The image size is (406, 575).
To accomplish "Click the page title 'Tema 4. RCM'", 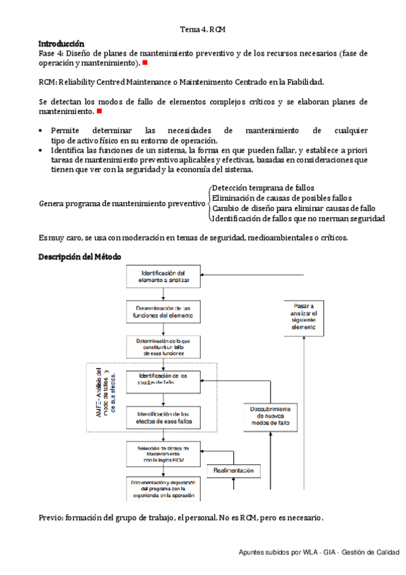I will pos(203,30).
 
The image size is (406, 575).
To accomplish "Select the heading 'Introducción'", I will pos(61,43).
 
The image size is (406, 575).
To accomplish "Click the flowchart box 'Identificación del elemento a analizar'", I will pos(163,276).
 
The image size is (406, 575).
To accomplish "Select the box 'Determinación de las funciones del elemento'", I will pos(163,312).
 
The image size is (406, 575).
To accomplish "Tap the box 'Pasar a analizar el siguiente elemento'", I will pos(303,317).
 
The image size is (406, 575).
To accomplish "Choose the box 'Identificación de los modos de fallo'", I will pos(163,380).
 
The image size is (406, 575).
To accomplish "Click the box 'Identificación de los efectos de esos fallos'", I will pos(163,418).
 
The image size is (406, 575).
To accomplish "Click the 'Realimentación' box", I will pos(233,471).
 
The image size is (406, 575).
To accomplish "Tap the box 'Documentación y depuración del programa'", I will pos(163,487).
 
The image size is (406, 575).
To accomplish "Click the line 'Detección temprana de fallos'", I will pos(262,187).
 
